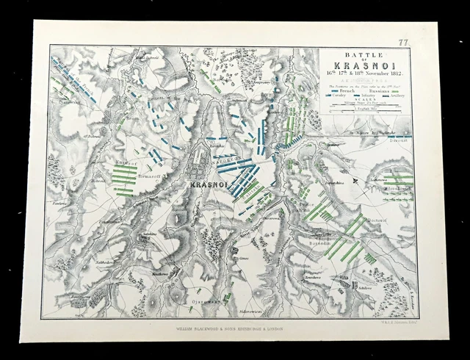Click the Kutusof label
[120, 147]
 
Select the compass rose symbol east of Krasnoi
[356, 180]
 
